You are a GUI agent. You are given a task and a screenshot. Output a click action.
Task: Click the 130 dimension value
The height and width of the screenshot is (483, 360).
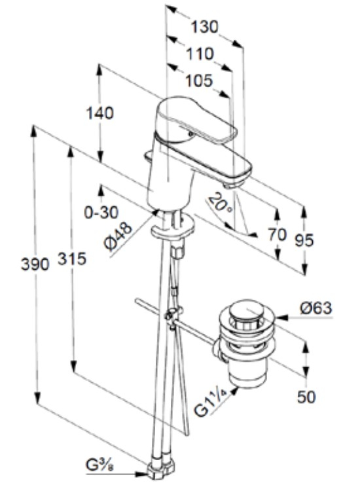[x=205, y=27]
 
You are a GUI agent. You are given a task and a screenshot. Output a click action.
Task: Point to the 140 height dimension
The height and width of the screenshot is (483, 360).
[x=99, y=113]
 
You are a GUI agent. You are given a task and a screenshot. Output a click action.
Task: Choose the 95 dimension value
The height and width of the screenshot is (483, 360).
[x=304, y=240]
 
